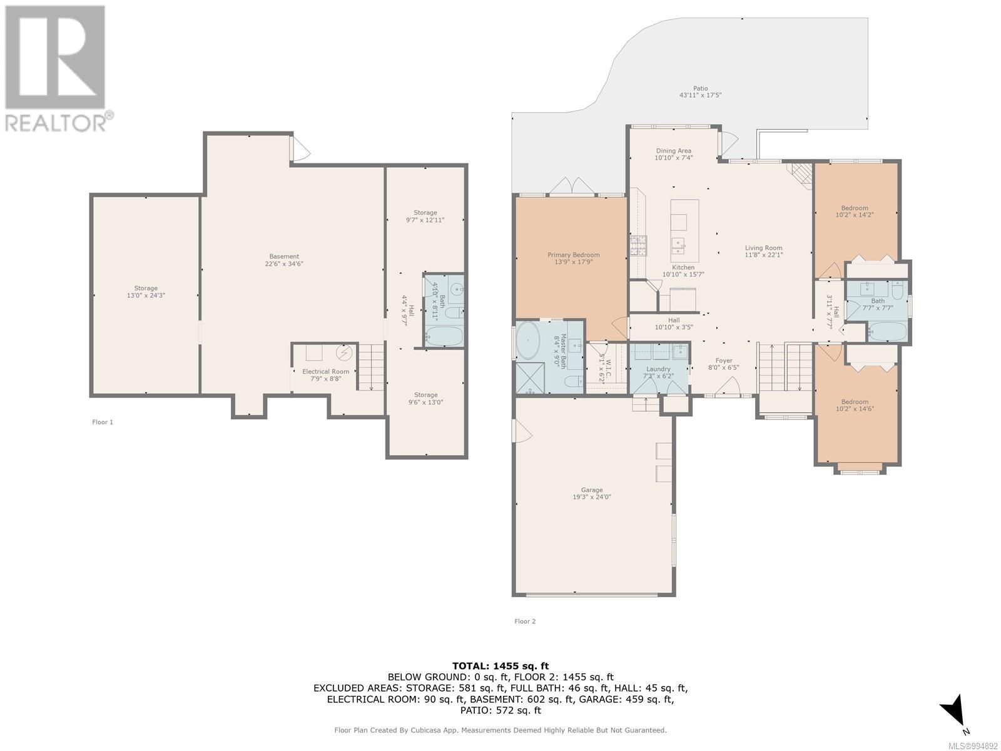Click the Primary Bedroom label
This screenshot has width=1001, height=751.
tap(573, 255)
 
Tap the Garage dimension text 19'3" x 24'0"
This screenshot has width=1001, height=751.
tap(591, 497)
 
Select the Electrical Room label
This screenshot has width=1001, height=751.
tap(325, 372)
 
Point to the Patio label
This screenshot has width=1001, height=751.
tap(701, 88)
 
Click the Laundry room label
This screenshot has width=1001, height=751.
tap(658, 369)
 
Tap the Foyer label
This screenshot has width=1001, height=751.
tap(723, 360)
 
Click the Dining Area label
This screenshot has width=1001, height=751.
tap(674, 150)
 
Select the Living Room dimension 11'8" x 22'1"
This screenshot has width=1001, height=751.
tap(763, 255)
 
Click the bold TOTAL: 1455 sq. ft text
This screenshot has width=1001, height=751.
tap(500, 666)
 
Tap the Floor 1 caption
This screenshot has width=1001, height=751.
tap(103, 422)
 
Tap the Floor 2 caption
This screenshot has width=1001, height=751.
tap(525, 621)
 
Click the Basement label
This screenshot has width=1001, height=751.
tap(284, 256)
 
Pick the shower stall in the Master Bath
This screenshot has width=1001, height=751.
tap(530, 377)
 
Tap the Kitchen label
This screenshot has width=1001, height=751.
tap(683, 267)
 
